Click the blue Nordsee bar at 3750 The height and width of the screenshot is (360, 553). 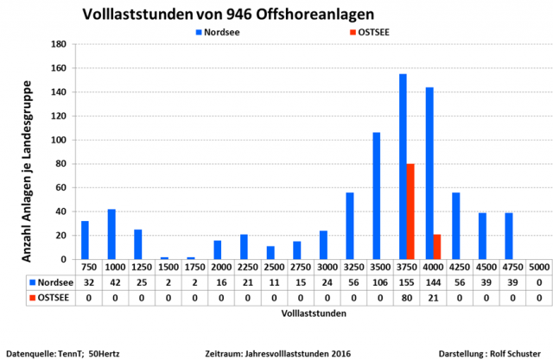click(403, 167)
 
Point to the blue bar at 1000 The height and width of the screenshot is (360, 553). click(111, 234)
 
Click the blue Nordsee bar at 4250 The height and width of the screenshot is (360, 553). click(455, 225)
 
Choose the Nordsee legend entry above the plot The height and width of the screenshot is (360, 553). click(218, 32)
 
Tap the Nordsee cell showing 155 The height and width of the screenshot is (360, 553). click(406, 281)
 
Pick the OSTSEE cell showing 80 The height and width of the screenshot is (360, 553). click(406, 296)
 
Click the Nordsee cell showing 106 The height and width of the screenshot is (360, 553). click(380, 281)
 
